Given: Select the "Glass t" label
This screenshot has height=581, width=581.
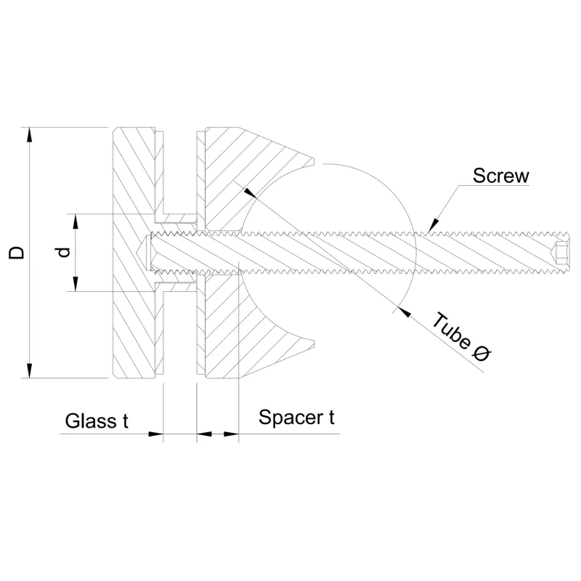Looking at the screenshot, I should (97, 421).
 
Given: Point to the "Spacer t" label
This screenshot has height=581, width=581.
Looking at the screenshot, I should (296, 418).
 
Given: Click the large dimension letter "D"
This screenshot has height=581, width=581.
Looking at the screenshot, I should (16, 253).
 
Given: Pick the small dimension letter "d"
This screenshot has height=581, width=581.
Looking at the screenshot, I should (63, 252).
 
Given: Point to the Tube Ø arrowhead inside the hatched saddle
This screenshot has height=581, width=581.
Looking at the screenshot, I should (250, 193).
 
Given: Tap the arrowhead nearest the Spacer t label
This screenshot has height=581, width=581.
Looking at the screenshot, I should (231, 434).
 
